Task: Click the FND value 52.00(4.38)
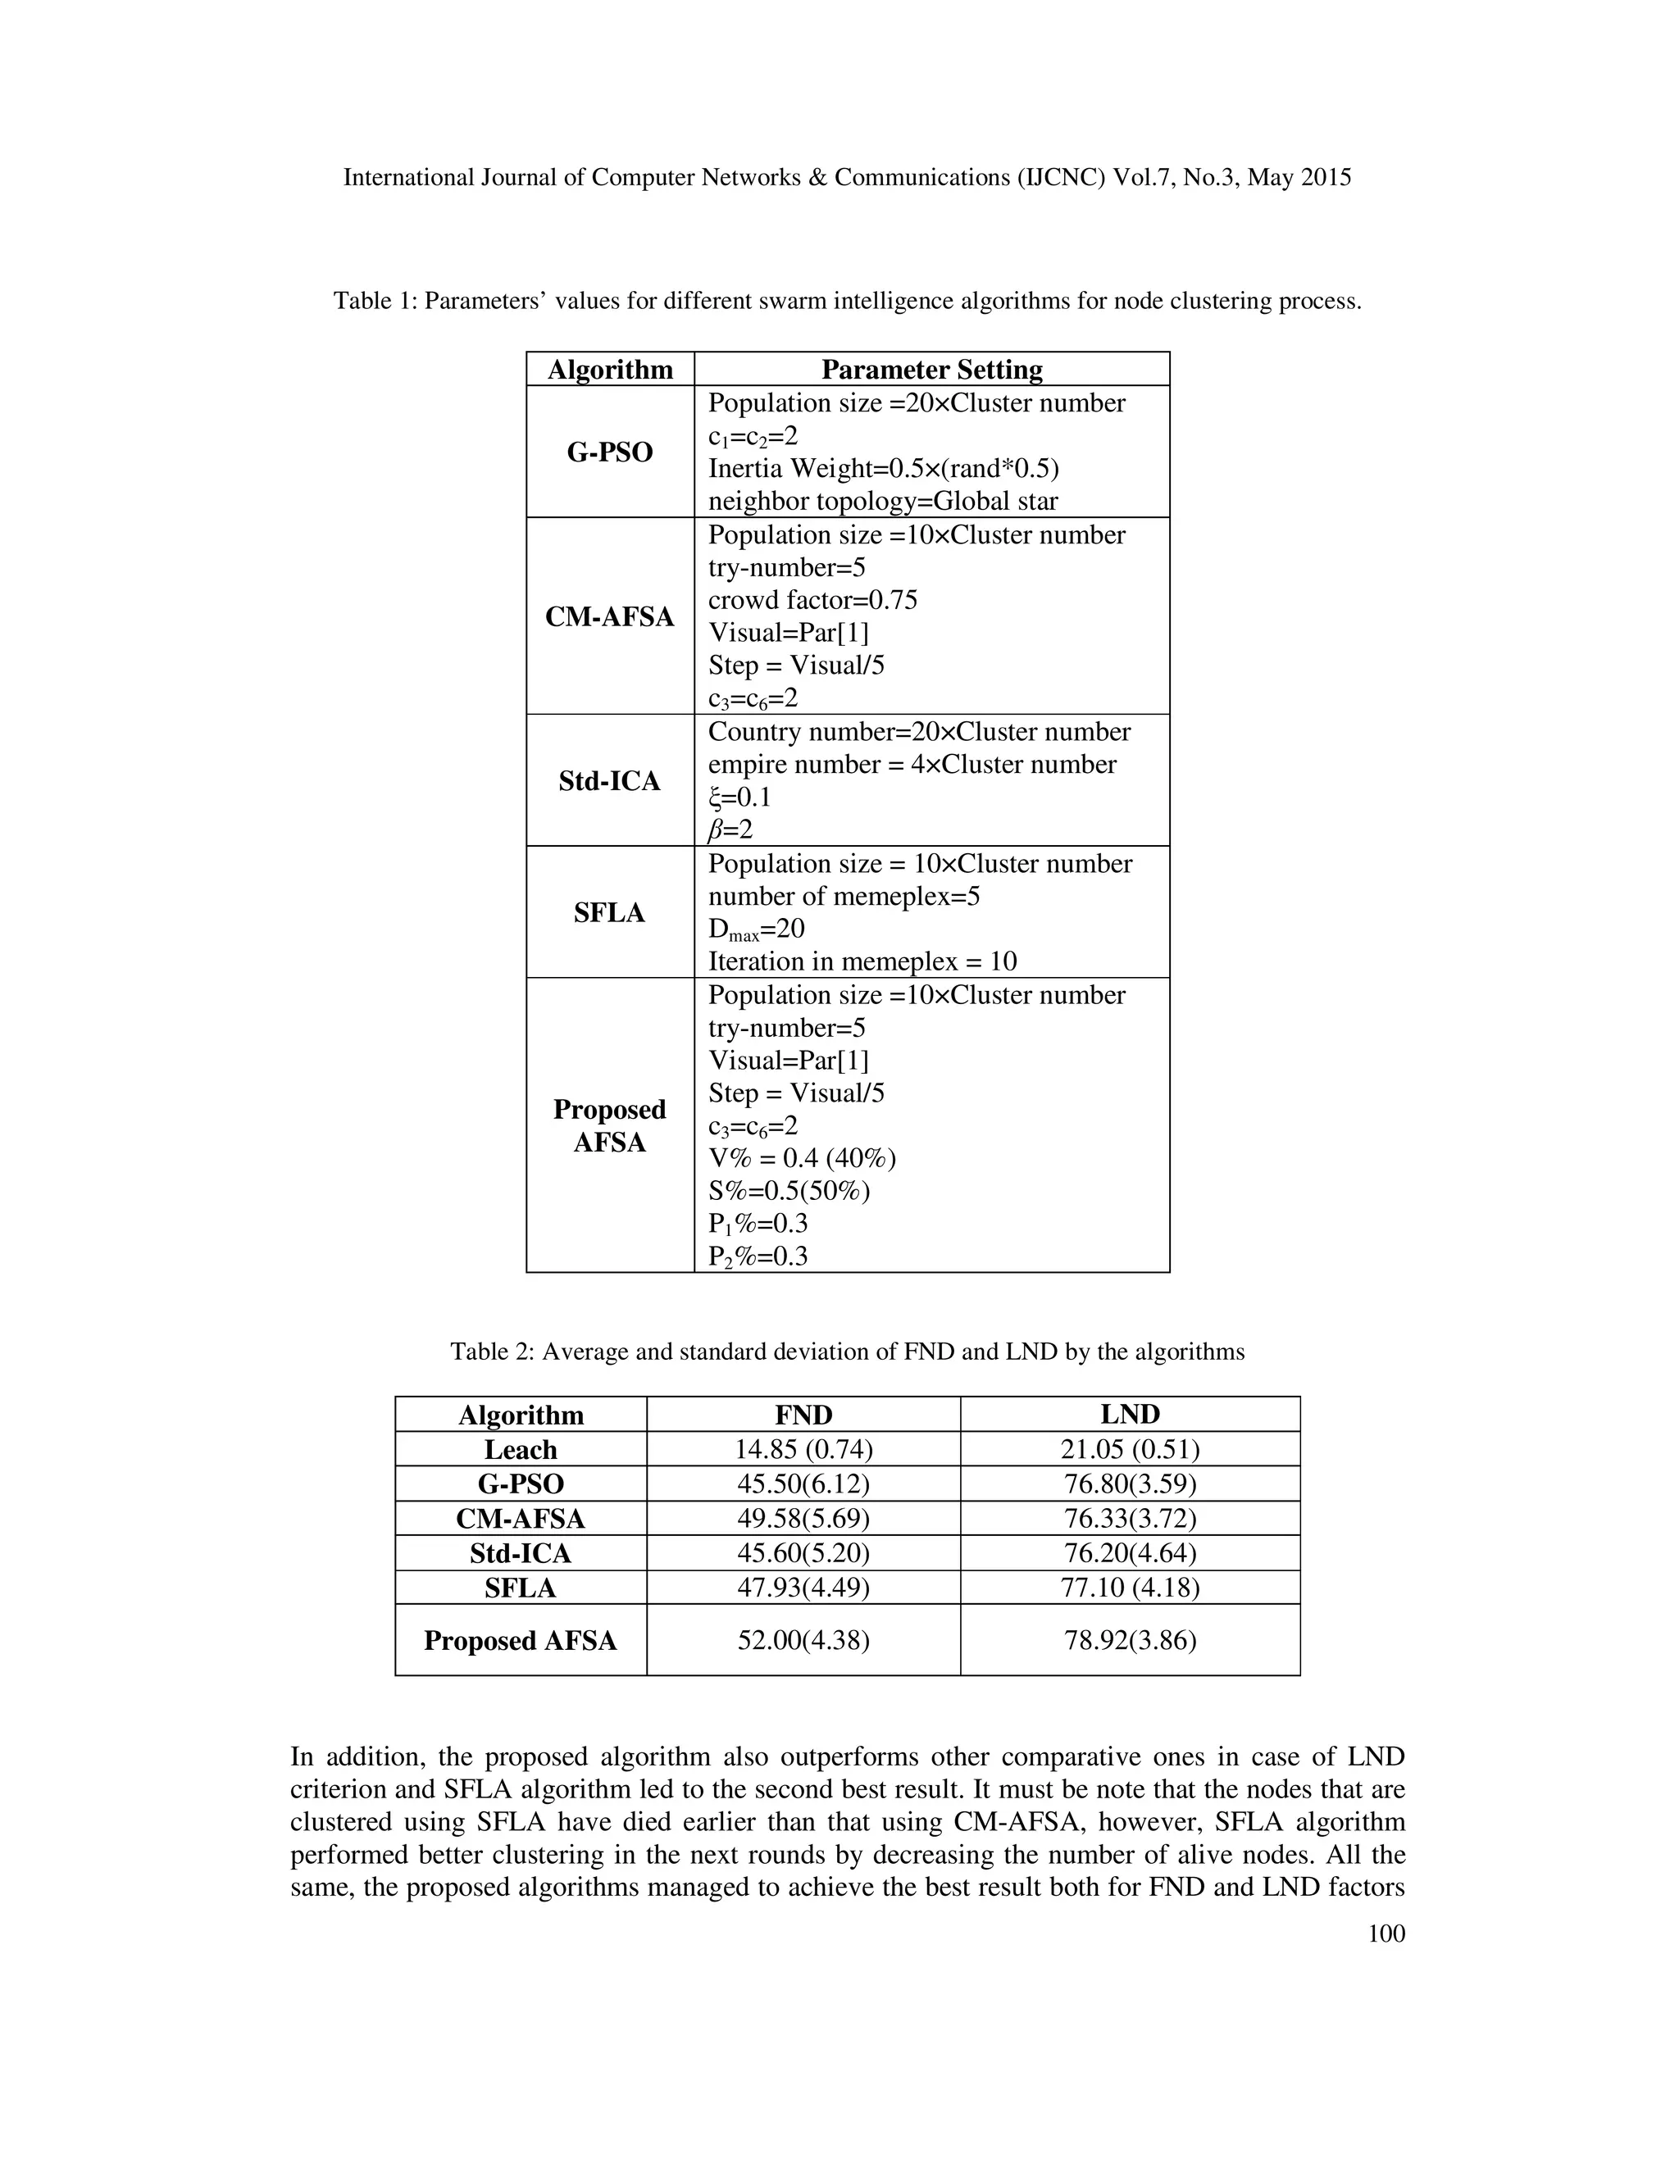(x=803, y=1640)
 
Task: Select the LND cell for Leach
(x=1130, y=1449)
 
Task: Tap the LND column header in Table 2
(x=1130, y=1414)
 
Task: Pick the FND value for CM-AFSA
(x=803, y=1519)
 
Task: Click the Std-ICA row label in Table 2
(x=521, y=1553)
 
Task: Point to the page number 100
(x=1386, y=1933)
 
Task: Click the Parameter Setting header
(x=931, y=370)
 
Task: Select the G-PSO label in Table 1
(x=610, y=452)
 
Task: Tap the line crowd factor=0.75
(x=812, y=601)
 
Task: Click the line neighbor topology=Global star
(x=882, y=502)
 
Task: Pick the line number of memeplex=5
(x=844, y=896)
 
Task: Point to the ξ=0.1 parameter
(x=739, y=797)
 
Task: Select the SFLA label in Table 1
(x=610, y=913)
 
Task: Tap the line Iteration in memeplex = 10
(x=862, y=961)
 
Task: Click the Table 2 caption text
(x=848, y=1352)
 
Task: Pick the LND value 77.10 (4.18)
(x=1130, y=1588)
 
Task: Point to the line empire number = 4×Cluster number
(x=912, y=765)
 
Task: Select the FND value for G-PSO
(x=803, y=1484)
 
